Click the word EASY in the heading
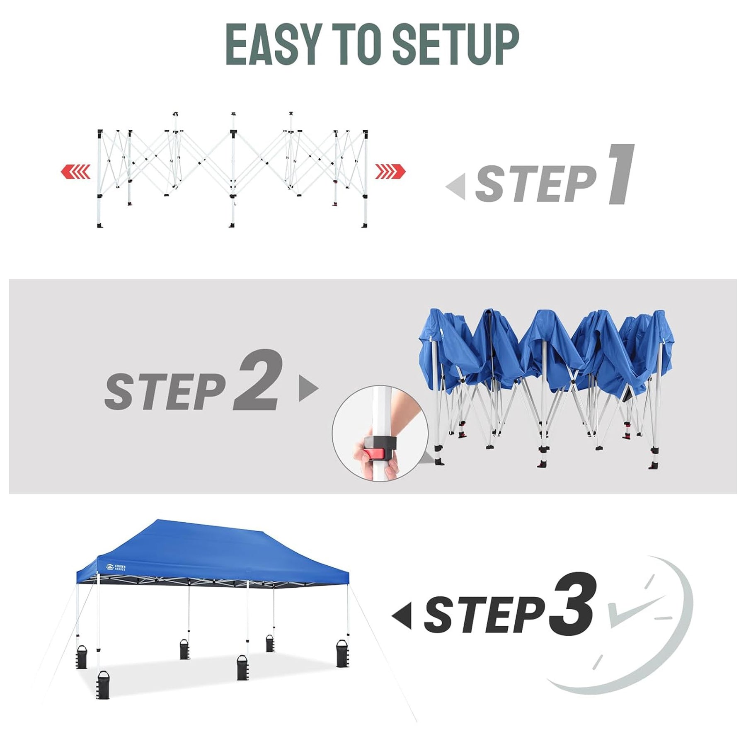click(x=274, y=44)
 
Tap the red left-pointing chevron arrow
click(x=75, y=171)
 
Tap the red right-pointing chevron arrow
click(x=390, y=171)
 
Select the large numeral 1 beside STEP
click(x=620, y=174)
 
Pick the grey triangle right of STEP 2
click(x=309, y=388)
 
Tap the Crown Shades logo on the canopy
click(x=116, y=567)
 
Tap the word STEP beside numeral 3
click(x=484, y=615)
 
